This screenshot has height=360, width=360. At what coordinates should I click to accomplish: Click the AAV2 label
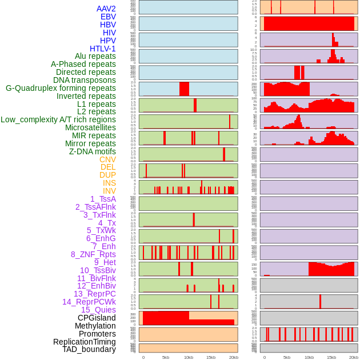[106, 9]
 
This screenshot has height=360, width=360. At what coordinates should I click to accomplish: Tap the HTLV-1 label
[102, 49]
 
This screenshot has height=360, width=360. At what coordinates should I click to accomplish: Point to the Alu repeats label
[95, 56]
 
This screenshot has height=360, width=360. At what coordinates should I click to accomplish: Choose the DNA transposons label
[85, 80]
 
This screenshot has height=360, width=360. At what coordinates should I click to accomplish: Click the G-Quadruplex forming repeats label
[61, 88]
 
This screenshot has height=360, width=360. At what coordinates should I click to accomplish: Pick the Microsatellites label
[90, 127]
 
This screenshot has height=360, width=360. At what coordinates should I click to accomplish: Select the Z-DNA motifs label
[92, 151]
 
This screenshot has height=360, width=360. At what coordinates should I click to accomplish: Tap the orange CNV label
[107, 159]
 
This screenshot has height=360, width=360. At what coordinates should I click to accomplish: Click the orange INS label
[109, 183]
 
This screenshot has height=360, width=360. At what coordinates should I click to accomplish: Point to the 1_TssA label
[103, 199]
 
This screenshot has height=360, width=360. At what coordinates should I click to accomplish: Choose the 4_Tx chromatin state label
[107, 223]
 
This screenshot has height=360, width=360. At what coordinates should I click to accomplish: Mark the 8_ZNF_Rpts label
[93, 254]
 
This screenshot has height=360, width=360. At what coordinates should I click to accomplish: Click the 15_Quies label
[98, 310]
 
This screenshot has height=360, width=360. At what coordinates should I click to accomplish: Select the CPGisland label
[97, 318]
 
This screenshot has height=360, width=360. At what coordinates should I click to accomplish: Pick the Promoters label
[97, 334]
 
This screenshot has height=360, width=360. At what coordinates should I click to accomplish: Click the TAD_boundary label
[89, 349]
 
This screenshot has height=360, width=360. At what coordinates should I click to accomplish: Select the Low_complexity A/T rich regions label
[58, 119]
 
